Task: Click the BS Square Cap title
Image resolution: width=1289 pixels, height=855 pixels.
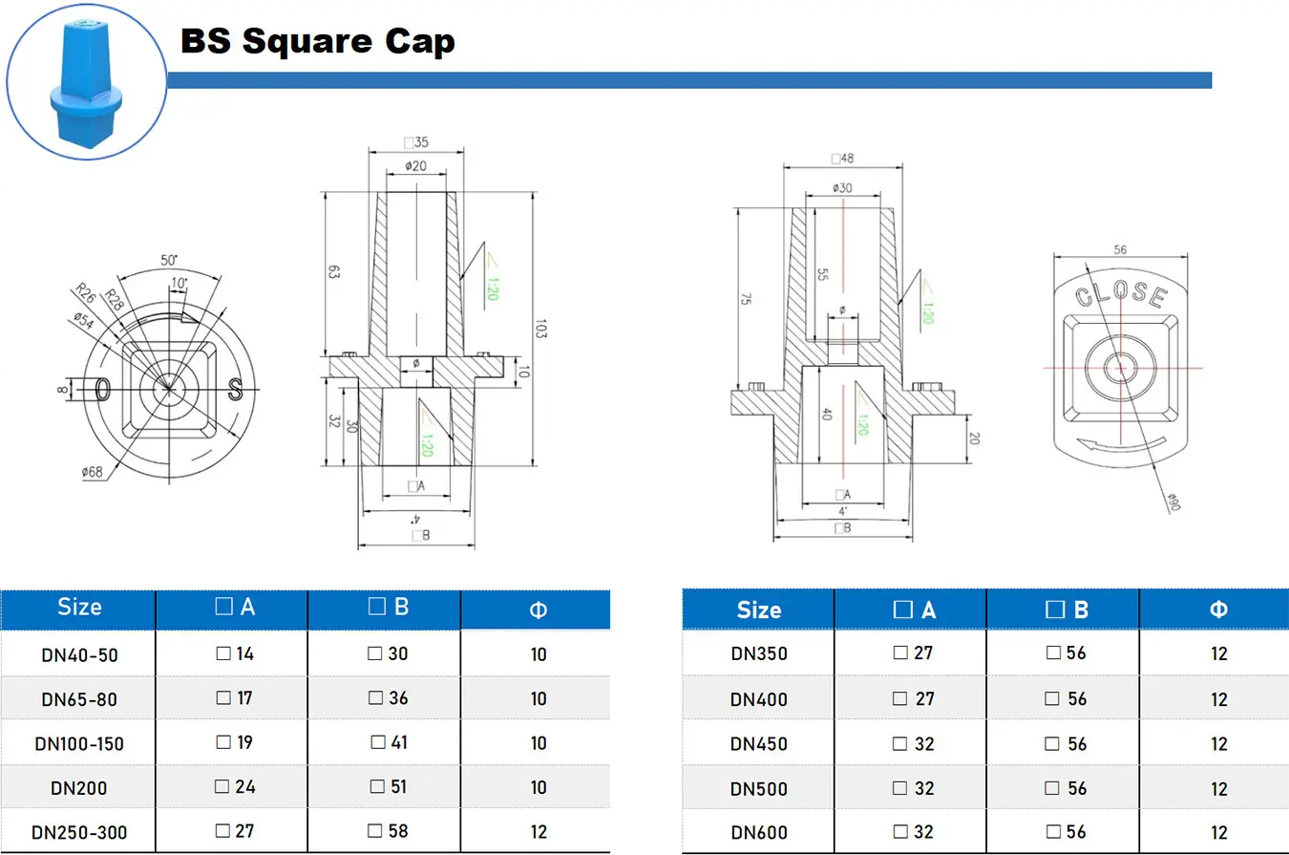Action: click(x=318, y=41)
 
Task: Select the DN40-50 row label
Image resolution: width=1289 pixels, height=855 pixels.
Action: click(x=79, y=654)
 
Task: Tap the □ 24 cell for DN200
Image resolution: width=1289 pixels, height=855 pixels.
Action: click(x=234, y=787)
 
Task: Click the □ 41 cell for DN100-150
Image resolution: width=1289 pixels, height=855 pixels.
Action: click(x=390, y=742)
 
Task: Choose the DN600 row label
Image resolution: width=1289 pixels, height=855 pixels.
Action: click(x=759, y=833)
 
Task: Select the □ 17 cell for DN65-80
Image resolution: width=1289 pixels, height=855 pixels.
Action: click(x=234, y=698)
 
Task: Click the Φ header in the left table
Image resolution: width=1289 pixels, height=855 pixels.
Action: click(x=538, y=609)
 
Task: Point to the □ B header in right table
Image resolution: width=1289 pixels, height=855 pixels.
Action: click(x=1067, y=609)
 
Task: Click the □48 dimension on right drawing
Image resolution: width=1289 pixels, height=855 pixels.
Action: click(x=842, y=159)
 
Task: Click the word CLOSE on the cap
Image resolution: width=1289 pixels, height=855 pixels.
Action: click(x=1121, y=295)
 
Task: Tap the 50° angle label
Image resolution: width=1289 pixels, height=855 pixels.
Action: click(x=169, y=260)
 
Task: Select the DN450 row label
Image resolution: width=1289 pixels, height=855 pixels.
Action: click(x=759, y=744)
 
